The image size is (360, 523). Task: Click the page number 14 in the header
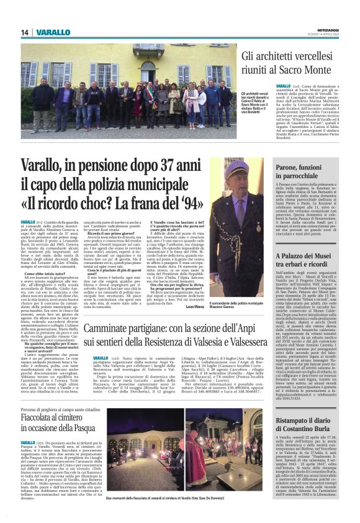[x=25, y=32]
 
